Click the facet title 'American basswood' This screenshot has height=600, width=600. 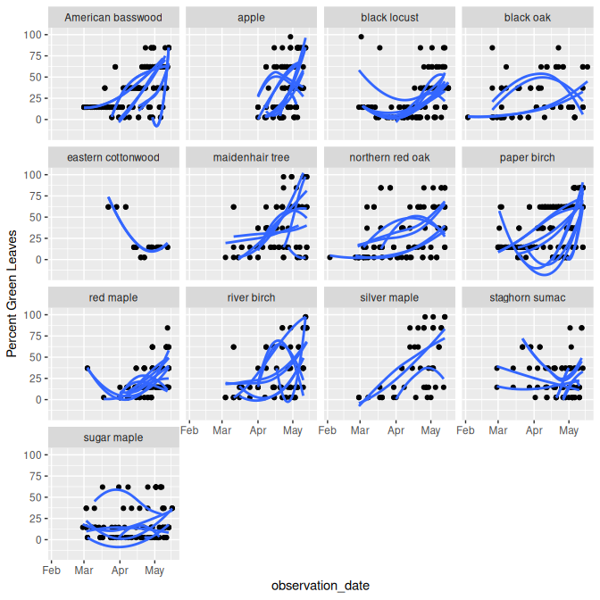[x=113, y=18]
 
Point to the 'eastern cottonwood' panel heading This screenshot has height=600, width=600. [x=113, y=158]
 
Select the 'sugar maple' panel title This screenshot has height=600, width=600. [x=113, y=437]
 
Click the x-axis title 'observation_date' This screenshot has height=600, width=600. [x=321, y=585]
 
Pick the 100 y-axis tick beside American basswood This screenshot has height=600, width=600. [x=31, y=35]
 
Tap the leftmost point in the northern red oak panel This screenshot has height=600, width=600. [x=329, y=257]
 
